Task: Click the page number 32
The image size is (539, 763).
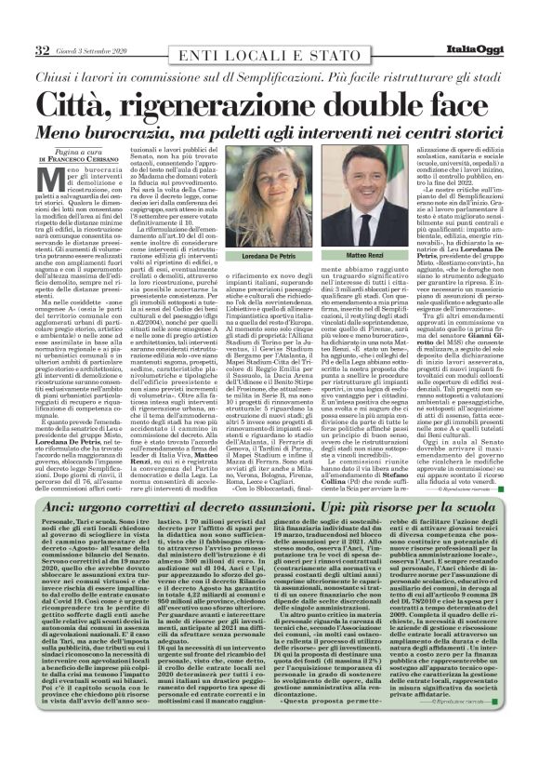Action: click(x=41, y=48)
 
